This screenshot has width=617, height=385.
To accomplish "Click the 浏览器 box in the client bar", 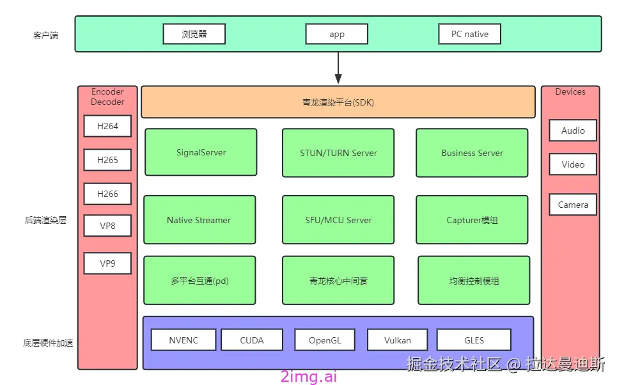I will click(x=194, y=34).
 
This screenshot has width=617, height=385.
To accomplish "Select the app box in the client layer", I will click(x=337, y=34).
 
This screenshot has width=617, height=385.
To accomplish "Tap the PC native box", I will click(x=469, y=34).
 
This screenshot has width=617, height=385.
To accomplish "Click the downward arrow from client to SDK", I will click(x=338, y=67).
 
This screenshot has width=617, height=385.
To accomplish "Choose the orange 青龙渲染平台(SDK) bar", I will click(x=338, y=102).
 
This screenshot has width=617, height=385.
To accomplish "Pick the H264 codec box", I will click(x=107, y=126).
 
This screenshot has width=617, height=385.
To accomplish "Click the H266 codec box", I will click(x=107, y=194).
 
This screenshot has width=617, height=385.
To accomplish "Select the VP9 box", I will click(x=107, y=263).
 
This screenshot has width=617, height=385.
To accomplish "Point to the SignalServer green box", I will click(x=201, y=152).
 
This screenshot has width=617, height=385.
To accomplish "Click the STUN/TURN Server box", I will click(x=338, y=152).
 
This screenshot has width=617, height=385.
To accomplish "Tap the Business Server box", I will click(x=472, y=152).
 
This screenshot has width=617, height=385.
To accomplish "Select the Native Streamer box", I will click(x=199, y=219).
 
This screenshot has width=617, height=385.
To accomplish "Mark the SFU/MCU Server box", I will click(x=338, y=219).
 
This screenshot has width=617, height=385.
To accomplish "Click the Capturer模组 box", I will click(x=472, y=219).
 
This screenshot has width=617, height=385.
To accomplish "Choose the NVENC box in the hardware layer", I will click(x=184, y=340).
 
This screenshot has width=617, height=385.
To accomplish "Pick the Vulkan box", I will click(x=398, y=340).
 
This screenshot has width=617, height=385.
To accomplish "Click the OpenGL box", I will click(x=325, y=340).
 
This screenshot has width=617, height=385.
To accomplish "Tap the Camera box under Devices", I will click(x=573, y=205).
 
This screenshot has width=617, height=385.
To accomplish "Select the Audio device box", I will click(x=573, y=130).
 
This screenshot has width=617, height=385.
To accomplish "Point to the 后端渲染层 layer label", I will click(x=45, y=220).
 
